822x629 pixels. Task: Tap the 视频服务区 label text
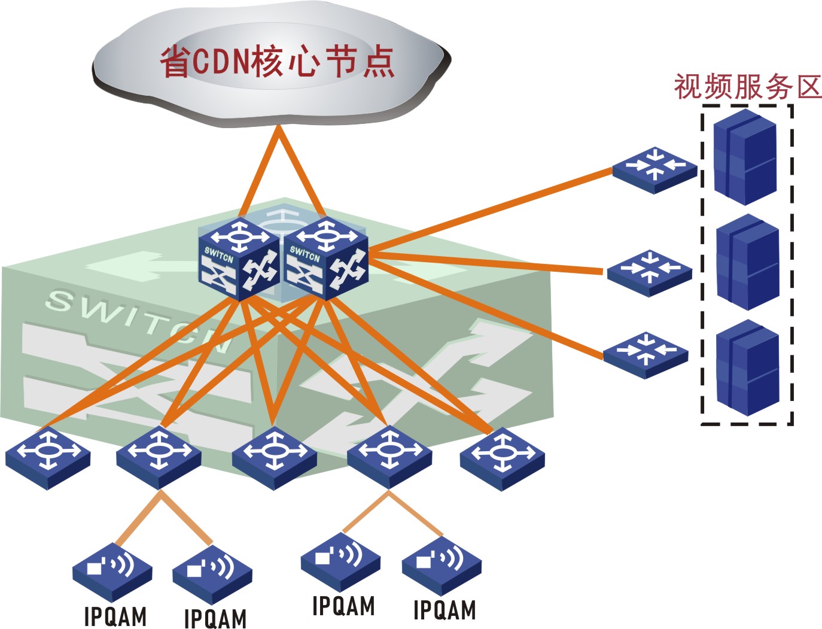[747, 87]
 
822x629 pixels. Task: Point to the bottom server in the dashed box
[747, 368]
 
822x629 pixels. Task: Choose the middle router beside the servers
[649, 273]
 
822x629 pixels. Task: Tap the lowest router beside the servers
[646, 354]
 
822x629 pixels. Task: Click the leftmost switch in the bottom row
[48, 458]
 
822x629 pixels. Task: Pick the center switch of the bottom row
[274, 458]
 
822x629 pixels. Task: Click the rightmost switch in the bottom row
[502, 458]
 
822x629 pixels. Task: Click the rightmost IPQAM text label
[445, 610]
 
